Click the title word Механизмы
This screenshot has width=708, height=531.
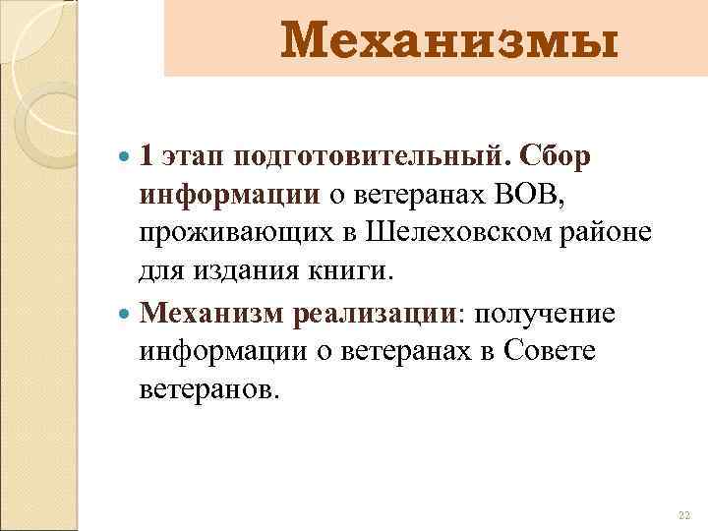click(x=451, y=42)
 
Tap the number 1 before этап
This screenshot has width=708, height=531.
click(x=146, y=158)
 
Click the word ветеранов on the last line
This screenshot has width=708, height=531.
click(x=209, y=389)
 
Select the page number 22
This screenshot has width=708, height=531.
click(x=684, y=515)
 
